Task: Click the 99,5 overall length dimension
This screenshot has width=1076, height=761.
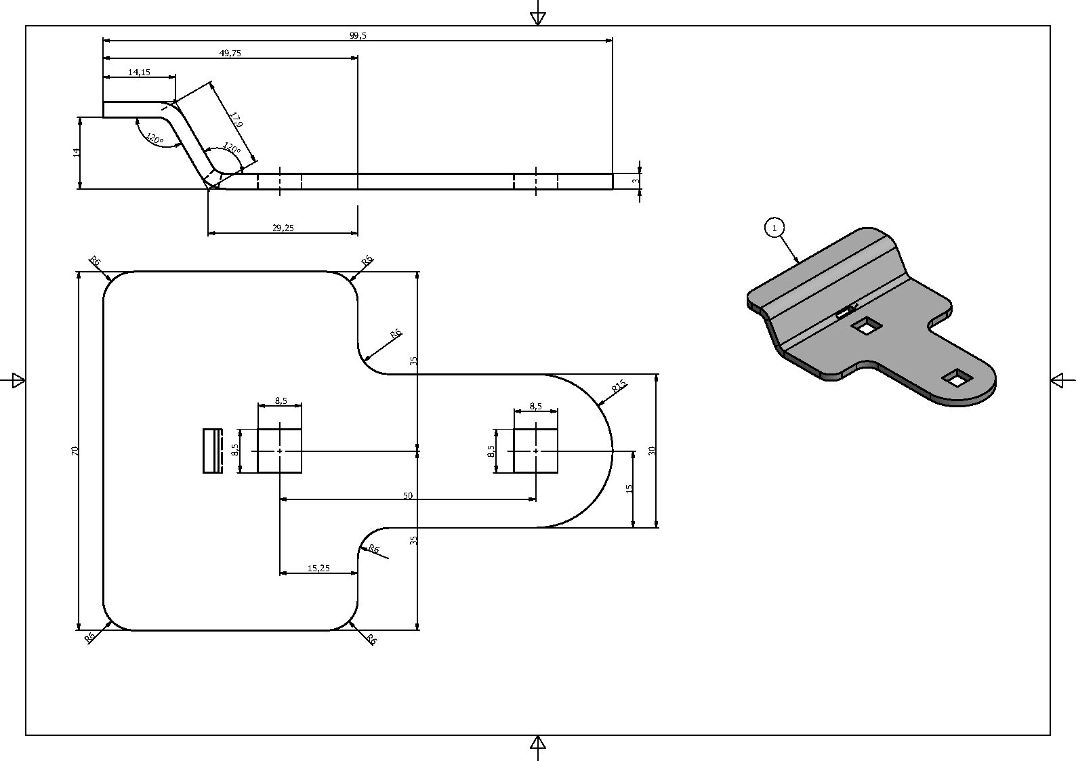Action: [x=358, y=35]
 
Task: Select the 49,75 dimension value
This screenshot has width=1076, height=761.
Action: [x=230, y=54]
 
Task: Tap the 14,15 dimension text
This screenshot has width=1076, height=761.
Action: [x=139, y=73]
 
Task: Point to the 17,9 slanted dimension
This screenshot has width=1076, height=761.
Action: [x=236, y=119]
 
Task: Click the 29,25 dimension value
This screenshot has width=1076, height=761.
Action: [x=283, y=228]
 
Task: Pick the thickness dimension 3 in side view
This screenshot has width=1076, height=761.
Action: [x=636, y=182]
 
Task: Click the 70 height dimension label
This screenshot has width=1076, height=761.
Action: [x=75, y=451]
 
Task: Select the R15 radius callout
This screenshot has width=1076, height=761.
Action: [x=620, y=386]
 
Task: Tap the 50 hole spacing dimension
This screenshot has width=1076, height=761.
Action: [x=407, y=495]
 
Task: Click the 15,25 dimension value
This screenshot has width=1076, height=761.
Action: [x=318, y=569]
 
